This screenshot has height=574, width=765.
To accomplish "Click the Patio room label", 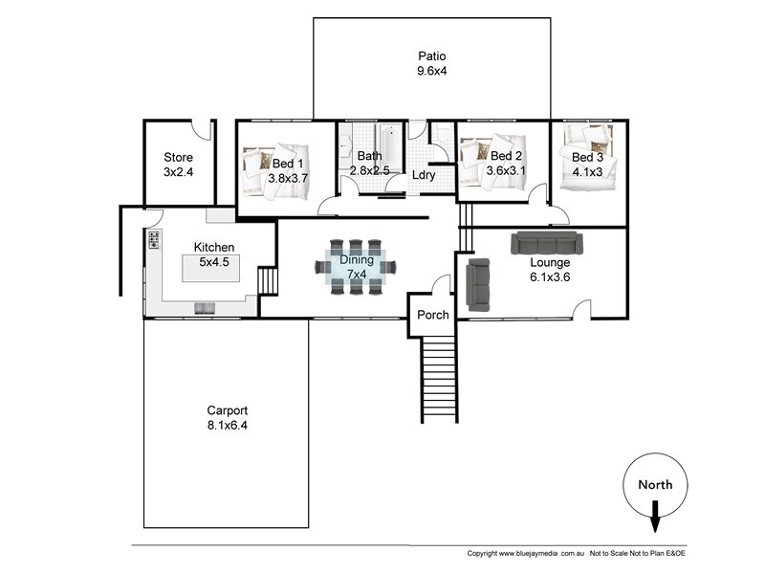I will [432, 55].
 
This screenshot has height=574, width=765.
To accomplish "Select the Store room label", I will [178, 158].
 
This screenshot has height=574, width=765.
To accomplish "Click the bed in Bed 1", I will [277, 172].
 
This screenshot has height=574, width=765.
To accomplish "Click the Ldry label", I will [424, 175].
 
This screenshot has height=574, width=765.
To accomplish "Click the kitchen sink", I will [207, 307].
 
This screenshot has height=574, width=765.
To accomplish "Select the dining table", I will [356, 267].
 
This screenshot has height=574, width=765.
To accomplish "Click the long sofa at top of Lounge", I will [544, 242].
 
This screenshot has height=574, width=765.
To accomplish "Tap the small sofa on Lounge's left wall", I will [477, 285].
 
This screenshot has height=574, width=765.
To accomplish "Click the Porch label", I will [432, 316].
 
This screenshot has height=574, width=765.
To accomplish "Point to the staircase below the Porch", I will [440, 378].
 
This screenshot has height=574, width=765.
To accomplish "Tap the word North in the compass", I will [656, 484].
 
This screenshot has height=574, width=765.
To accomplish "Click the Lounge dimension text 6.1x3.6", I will [550, 277].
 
